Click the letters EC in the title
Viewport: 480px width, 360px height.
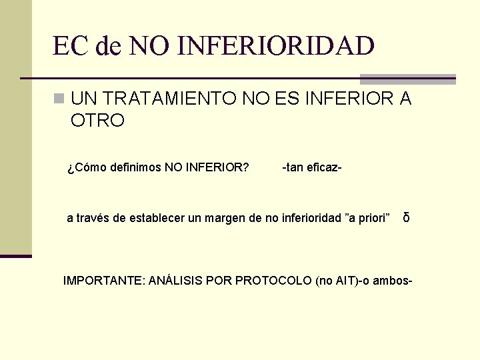[71, 46]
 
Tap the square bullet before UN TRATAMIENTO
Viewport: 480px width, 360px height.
[59, 99]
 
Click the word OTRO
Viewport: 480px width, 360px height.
[97, 121]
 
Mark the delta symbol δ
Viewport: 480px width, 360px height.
[406, 218]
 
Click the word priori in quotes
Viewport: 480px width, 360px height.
[372, 218]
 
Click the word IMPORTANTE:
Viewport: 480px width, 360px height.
[103, 281]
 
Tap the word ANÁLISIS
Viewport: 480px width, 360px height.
[175, 281]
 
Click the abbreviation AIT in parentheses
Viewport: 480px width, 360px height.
[346, 281]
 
